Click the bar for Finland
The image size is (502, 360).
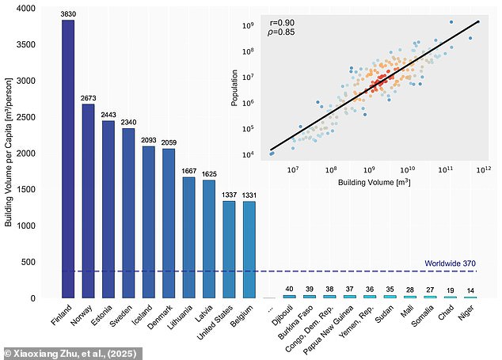68,159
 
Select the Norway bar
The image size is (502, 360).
88,201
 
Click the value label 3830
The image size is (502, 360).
68,14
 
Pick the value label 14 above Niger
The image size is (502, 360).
470,290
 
